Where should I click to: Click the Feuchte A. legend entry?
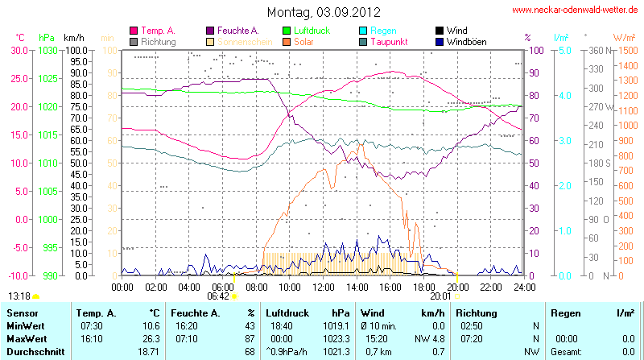click(x=237, y=31)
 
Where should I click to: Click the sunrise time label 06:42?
click(x=218, y=296)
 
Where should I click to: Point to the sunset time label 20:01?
click(x=441, y=296)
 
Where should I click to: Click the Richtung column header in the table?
click(x=477, y=312)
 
